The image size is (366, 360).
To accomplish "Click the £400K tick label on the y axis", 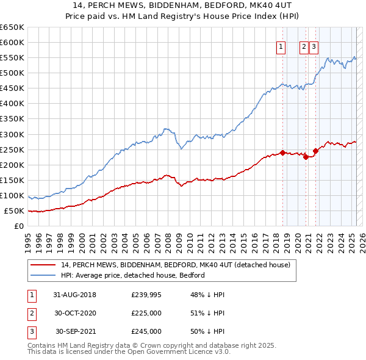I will point(12,104).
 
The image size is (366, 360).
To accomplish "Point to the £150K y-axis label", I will point(12,181).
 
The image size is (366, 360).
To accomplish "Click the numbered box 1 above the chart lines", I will point(281,47).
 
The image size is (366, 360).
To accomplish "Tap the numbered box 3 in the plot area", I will point(314,47).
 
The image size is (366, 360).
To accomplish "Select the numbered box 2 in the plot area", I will point(304,47).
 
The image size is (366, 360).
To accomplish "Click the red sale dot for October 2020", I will point(305,157).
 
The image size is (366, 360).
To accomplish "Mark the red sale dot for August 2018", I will point(282,153).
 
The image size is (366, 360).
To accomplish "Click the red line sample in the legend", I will point(43,265).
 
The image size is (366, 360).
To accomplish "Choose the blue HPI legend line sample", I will point(43,275).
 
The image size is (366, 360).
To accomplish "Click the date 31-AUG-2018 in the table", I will point(74,295).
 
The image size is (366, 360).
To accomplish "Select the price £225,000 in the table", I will point(146,313).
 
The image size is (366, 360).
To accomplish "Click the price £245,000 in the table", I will point(146,331).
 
